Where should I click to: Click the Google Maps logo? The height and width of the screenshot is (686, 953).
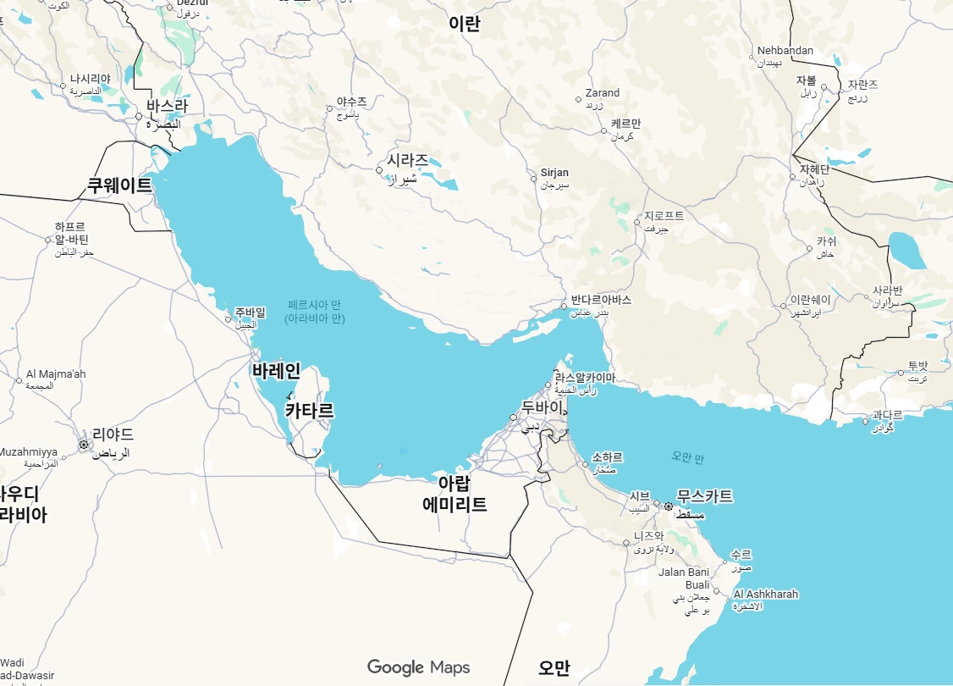[x=418, y=667]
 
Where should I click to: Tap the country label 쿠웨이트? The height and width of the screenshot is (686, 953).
[x=119, y=185]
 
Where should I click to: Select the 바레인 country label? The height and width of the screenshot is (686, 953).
[x=276, y=371]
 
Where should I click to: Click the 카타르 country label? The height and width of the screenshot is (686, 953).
[x=309, y=412]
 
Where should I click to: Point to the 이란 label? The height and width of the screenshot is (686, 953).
[x=465, y=24]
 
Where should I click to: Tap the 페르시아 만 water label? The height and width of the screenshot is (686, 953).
[x=316, y=305]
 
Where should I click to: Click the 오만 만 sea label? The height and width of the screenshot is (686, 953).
[x=687, y=457]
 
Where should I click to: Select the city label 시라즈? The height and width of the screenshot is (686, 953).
[x=407, y=160]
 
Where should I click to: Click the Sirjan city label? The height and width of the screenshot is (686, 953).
[x=555, y=173]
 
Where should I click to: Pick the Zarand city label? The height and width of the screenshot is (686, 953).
[x=603, y=93]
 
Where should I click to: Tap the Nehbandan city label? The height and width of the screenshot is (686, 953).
[x=785, y=51]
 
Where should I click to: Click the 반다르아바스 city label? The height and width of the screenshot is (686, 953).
[x=601, y=300]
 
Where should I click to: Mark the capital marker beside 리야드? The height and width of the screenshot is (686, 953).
[x=84, y=444]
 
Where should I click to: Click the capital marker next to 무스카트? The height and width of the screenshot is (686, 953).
[x=669, y=506]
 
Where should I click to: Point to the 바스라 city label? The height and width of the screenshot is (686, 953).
[x=166, y=107]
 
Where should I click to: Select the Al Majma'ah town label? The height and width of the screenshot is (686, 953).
[x=56, y=374]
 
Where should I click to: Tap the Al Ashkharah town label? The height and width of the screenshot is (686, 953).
[x=765, y=595]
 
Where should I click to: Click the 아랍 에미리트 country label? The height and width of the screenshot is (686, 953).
[x=454, y=494]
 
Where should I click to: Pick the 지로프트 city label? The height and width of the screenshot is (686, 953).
[x=664, y=216]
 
